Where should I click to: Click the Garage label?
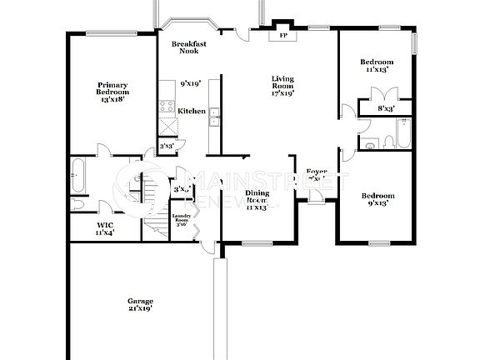tap(140, 301)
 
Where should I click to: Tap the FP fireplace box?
tap(282, 36)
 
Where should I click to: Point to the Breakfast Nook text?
tap(189, 47)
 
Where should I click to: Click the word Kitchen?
tap(192, 111)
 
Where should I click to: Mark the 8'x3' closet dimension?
tap(386, 108)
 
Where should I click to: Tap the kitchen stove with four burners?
tap(167, 107)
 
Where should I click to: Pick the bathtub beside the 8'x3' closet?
tap(402, 133)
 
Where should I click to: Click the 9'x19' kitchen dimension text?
tap(190, 83)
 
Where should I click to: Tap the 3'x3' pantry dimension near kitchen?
tap(167, 146)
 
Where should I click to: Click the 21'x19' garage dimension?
tap(140, 308)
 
